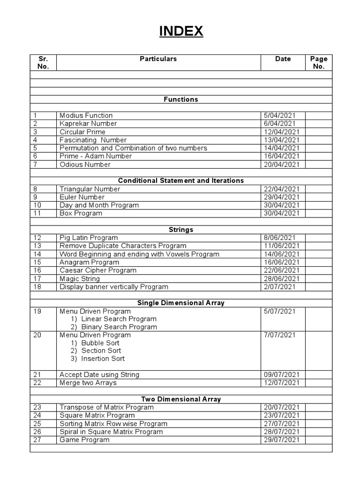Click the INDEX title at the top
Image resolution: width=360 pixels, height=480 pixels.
[x=181, y=31]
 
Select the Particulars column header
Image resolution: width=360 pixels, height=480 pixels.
[x=158, y=59]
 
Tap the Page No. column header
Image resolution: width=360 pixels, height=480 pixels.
[x=319, y=63]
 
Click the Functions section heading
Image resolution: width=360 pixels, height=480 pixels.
[x=181, y=99]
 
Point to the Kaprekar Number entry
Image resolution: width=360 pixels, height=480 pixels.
[x=88, y=124]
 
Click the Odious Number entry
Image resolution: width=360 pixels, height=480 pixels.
[x=85, y=165]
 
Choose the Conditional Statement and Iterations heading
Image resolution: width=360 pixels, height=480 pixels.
[x=181, y=180]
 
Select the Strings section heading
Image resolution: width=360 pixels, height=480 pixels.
[x=181, y=230]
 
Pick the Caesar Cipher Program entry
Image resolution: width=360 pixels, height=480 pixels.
[x=98, y=270]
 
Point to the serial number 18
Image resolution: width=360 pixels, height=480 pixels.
[x=37, y=286]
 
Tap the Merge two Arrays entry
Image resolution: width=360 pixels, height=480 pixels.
[x=88, y=383]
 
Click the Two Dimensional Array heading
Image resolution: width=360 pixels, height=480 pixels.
[x=181, y=399]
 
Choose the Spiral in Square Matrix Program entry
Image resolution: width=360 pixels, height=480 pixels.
[x=111, y=432]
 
